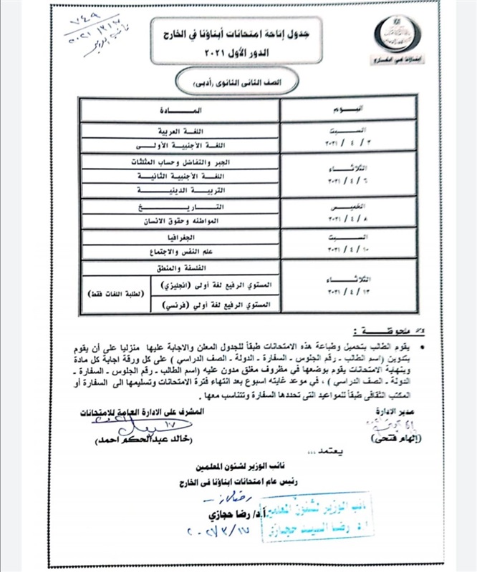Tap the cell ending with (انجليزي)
[x=214, y=285]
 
